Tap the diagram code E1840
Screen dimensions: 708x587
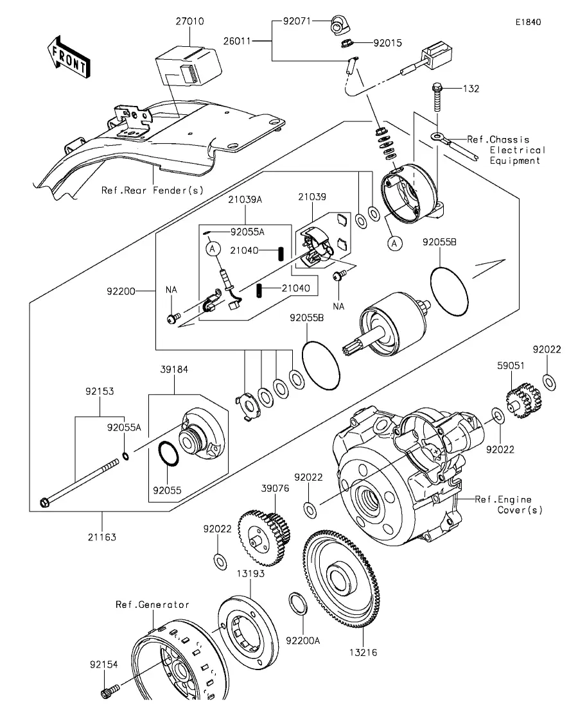(527, 22)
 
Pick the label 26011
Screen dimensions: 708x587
(238, 41)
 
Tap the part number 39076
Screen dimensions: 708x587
(270, 488)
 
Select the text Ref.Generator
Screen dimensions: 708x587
(152, 604)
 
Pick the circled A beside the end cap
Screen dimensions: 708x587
(396, 242)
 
